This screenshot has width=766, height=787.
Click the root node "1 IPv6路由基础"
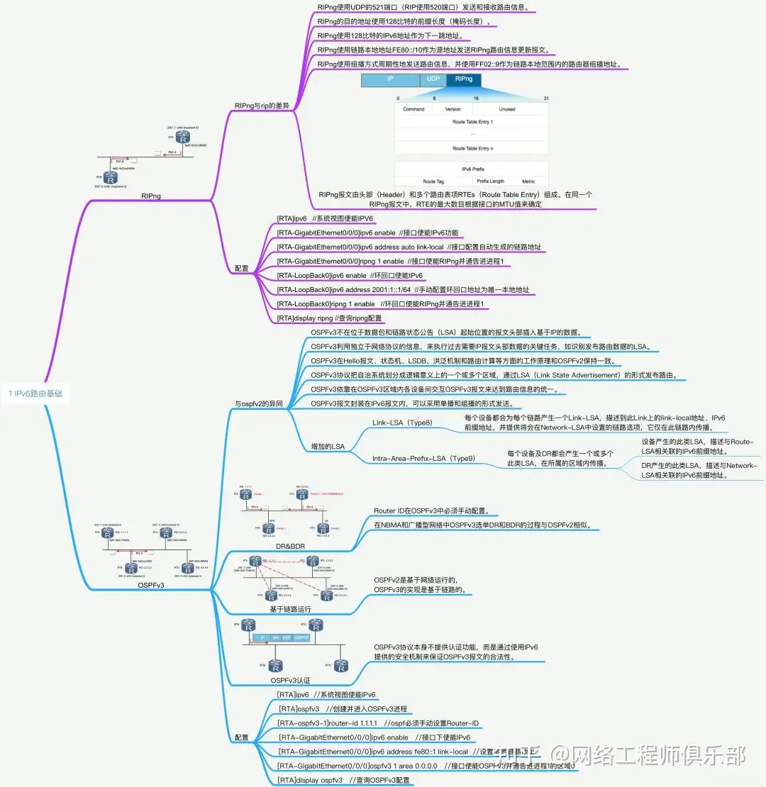pyautogui.click(x=40, y=393)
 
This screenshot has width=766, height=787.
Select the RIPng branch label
pyautogui.click(x=150, y=196)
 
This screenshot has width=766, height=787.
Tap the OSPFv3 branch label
pyautogui.click(x=150, y=585)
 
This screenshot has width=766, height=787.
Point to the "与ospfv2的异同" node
pyautogui.click(x=258, y=404)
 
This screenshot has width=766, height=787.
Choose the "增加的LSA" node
pyautogui.click(x=328, y=447)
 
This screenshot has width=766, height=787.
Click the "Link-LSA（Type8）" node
pyautogui.click(x=402, y=423)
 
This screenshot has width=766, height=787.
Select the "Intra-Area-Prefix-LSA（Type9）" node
pyautogui.click(x=423, y=459)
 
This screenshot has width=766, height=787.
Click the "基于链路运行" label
pyautogui.click(x=290, y=608)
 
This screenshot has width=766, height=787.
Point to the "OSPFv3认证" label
pyautogui.click(x=290, y=680)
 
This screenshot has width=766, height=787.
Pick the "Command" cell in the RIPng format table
pyautogui.click(x=413, y=109)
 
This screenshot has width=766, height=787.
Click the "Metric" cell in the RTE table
pyautogui.click(x=529, y=182)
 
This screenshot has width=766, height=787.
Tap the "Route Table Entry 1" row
pyautogui.click(x=472, y=122)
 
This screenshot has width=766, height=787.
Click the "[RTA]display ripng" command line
pyautogui.click(x=329, y=318)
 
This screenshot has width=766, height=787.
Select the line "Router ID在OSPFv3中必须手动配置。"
pyautogui.click(x=436, y=510)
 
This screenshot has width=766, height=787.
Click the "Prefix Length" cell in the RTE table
pyautogui.click(x=491, y=182)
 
